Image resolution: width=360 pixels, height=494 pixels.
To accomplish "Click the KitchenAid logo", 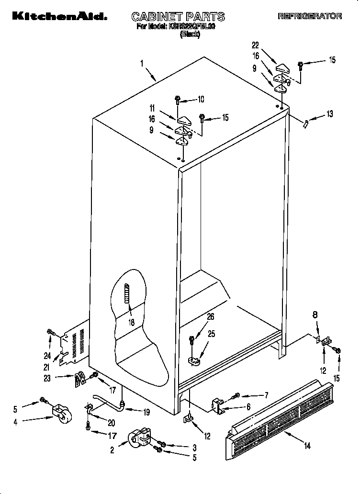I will coord(56,16).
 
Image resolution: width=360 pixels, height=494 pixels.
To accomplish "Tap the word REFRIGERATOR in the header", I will coord(310,17).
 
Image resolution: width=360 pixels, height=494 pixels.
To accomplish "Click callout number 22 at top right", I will coord(255,45).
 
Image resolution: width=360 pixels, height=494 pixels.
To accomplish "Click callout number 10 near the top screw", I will coord(201,100).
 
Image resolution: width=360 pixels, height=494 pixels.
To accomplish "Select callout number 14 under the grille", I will coord(308,446).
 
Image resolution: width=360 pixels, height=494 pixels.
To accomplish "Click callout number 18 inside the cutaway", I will coord(131,322).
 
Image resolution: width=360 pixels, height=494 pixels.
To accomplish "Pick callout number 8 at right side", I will coord(315,314).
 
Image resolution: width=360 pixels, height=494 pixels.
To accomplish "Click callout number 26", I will coord(211,316).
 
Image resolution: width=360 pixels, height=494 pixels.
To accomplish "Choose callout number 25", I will coord(211,334).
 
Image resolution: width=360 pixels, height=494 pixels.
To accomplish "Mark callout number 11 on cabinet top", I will coord(152,108).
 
